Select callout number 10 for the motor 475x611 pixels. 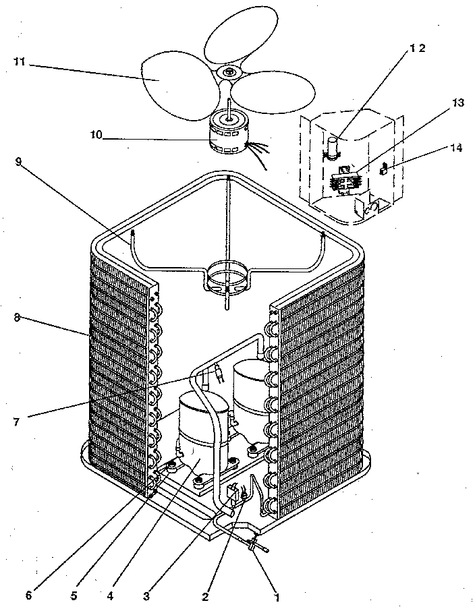[x=96, y=135]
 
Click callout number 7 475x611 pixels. [x=16, y=422]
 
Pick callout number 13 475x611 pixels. [x=458, y=103]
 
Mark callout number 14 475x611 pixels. [x=457, y=147]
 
